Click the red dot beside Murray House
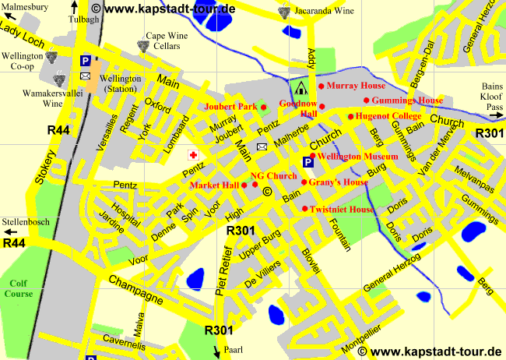click(x=321, y=86)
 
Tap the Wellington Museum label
click(x=358, y=157)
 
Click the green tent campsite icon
click(x=300, y=85)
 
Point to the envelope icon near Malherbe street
click(x=262, y=146)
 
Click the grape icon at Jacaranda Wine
click(x=283, y=13)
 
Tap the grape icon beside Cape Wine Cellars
click(x=142, y=45)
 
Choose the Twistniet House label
click(x=343, y=210)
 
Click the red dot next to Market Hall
click(x=244, y=185)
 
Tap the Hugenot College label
click(x=388, y=116)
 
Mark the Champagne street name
click(x=135, y=288)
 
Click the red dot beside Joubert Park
click(x=263, y=107)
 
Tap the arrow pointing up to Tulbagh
click(x=75, y=6)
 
